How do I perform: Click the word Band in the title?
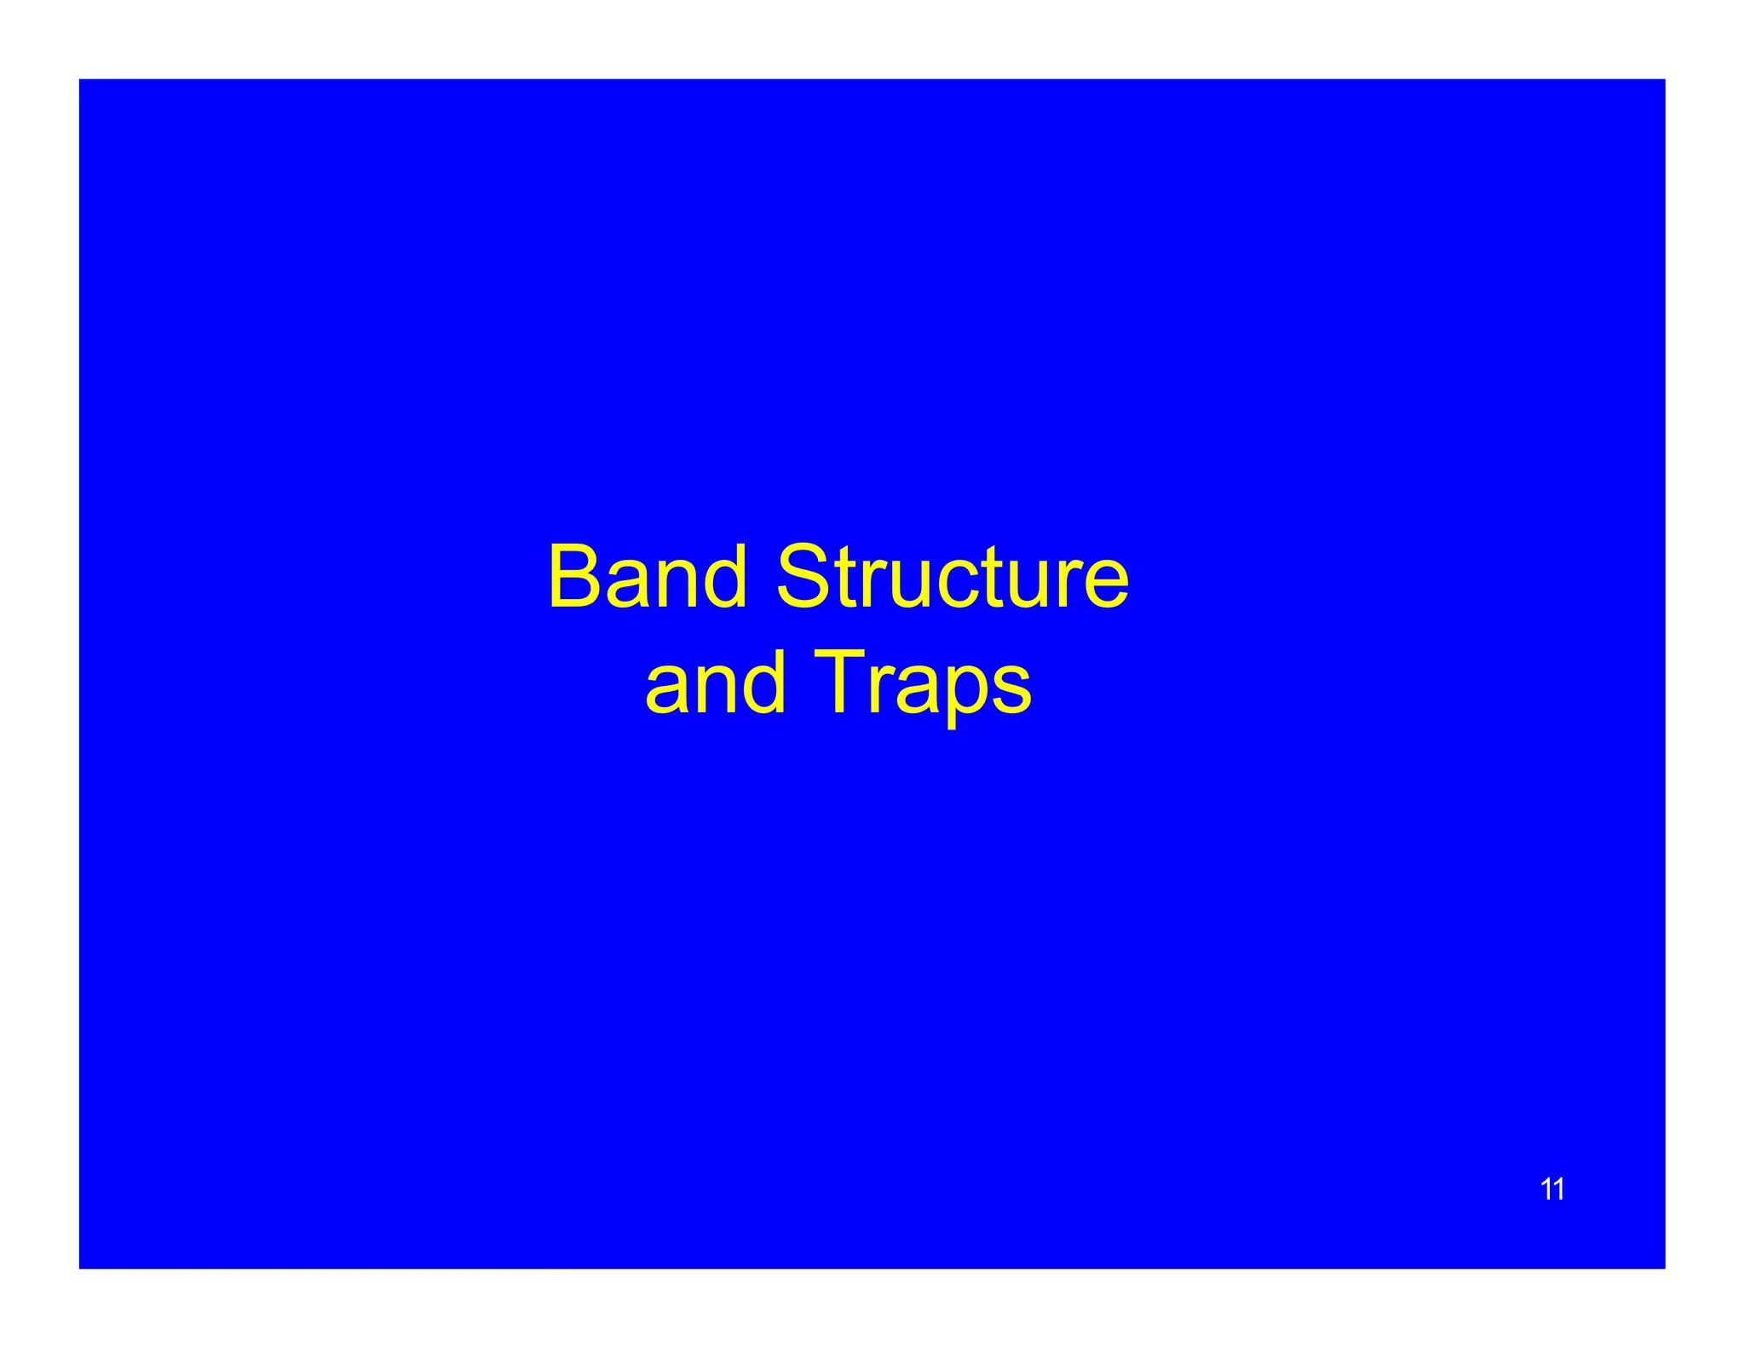[648, 579]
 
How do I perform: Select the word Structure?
[952, 579]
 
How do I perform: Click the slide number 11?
[1552, 1189]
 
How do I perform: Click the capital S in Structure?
[803, 579]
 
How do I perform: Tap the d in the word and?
[762, 682]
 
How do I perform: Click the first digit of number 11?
[1546, 1189]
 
